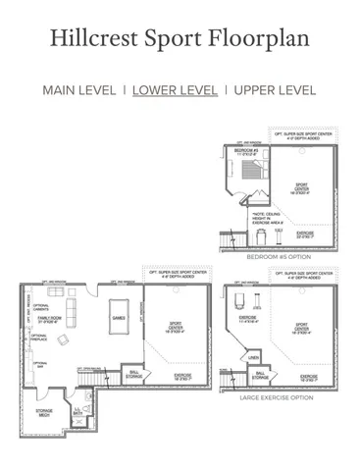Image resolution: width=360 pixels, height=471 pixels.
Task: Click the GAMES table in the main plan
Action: (x=120, y=318)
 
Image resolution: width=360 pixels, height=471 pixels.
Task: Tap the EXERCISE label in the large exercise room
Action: (x=246, y=318)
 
